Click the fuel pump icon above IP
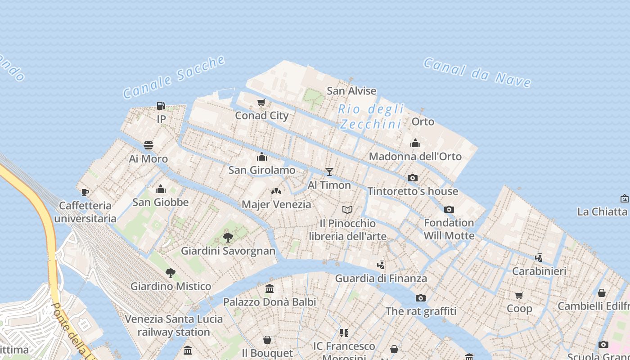161,106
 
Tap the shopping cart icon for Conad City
261,103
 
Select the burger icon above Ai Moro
148,145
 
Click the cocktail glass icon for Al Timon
329,172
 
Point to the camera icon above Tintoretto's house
413,178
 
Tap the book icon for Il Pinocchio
347,210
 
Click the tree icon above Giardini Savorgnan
228,237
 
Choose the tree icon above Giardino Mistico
170,273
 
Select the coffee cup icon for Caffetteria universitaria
85,193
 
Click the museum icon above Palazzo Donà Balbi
270,288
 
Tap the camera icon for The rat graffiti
421,298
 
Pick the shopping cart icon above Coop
519,296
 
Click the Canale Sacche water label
174,77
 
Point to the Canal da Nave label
477,72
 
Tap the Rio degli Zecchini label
371,117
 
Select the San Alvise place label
351,91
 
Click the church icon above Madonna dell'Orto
415,143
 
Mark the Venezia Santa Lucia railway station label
174,325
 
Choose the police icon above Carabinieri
539,258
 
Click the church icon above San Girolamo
262,157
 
